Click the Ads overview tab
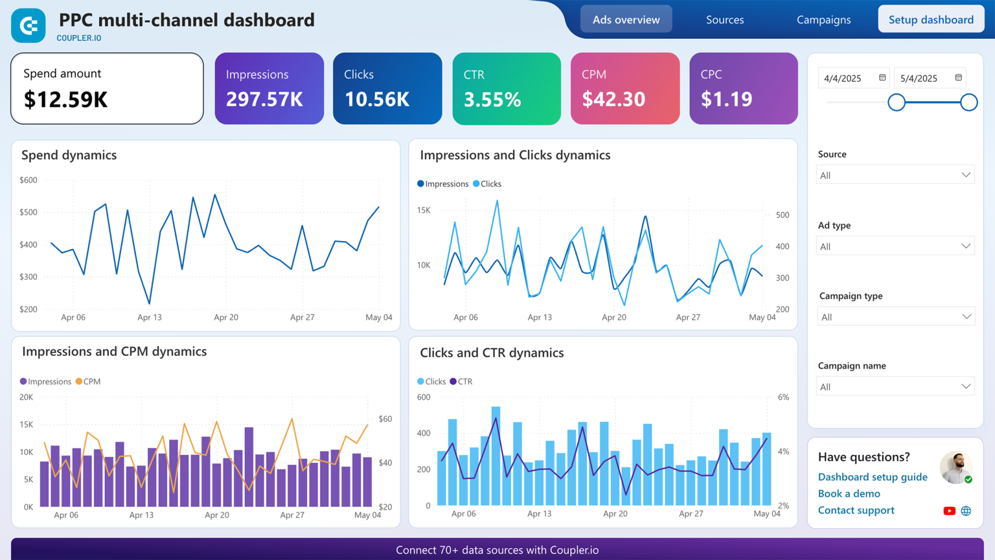626,19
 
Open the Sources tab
725,19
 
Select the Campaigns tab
823,19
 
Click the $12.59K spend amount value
65,99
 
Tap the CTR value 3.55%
492,99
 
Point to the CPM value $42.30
613,99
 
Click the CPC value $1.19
726,99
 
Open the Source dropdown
895,175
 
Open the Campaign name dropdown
895,387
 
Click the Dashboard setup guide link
872,477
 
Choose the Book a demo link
849,494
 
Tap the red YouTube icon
949,511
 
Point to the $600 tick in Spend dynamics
29,180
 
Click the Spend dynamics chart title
69,155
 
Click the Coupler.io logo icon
29,26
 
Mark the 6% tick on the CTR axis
783,397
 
